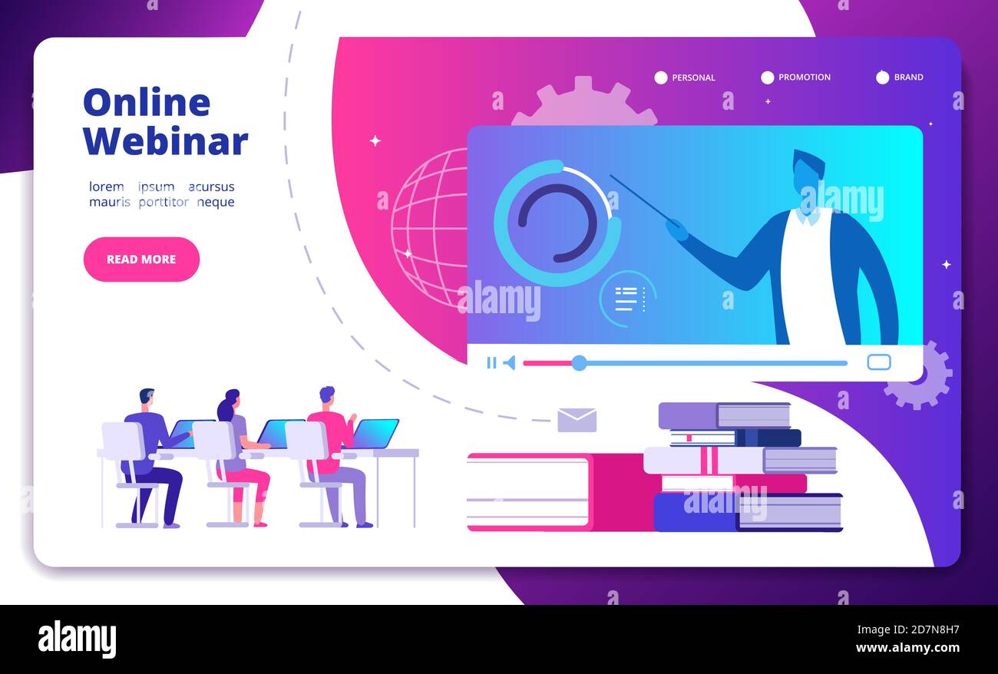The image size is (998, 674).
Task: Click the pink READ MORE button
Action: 141,259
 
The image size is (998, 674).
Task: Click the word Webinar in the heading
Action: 165,141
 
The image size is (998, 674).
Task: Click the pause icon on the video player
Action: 491,363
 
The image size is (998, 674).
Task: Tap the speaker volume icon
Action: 509,363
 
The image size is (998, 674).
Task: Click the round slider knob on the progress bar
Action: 579,363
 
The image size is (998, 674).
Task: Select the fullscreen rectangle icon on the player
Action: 878,362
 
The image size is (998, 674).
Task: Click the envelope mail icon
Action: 577,420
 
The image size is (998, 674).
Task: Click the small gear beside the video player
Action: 918,375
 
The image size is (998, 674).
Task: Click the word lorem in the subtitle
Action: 106,187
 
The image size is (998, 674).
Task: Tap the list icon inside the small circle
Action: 626,299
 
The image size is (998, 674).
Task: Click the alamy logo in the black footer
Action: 77,639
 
